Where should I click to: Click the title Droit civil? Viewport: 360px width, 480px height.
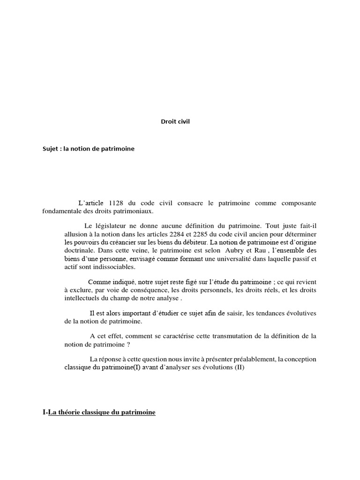tap(176, 122)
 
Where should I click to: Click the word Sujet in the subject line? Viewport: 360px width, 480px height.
tap(50, 149)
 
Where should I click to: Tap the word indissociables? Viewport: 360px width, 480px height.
tap(112, 267)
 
